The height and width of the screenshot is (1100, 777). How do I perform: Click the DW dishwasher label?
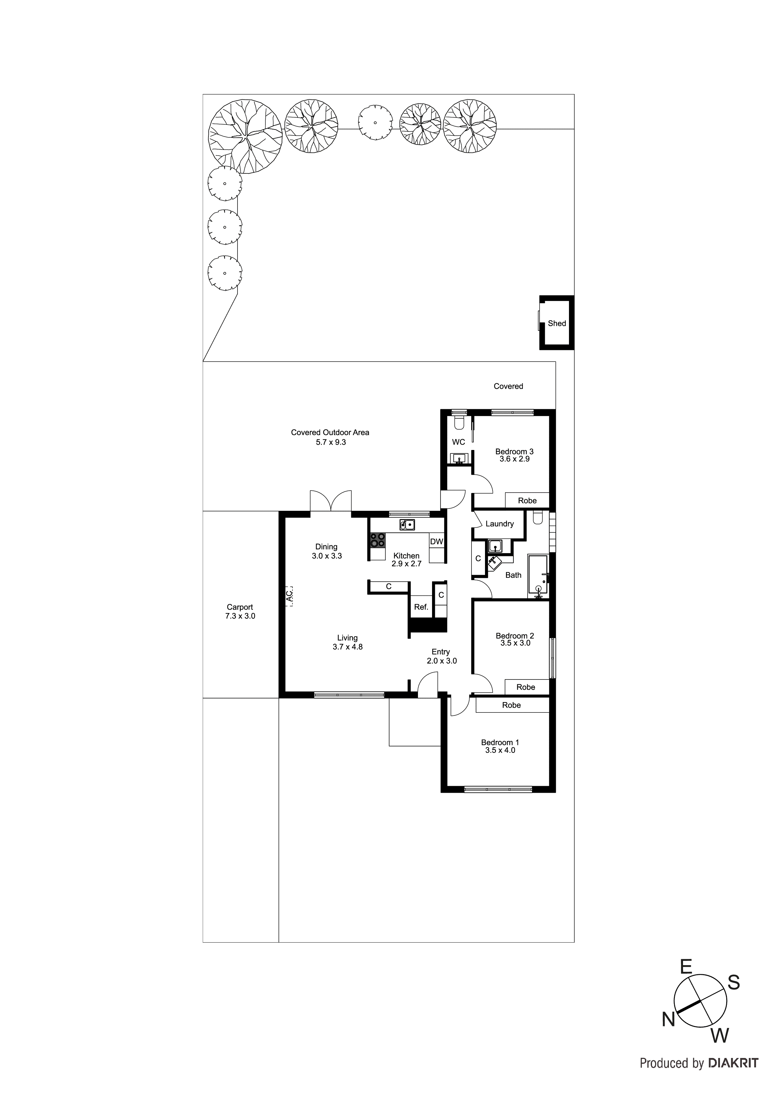(x=437, y=542)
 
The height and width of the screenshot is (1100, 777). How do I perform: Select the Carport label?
(x=240, y=607)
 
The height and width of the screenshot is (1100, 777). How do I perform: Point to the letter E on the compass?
(x=686, y=967)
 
